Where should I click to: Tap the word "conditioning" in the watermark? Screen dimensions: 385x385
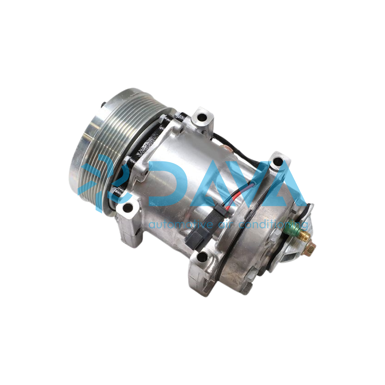tap(273, 225)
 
